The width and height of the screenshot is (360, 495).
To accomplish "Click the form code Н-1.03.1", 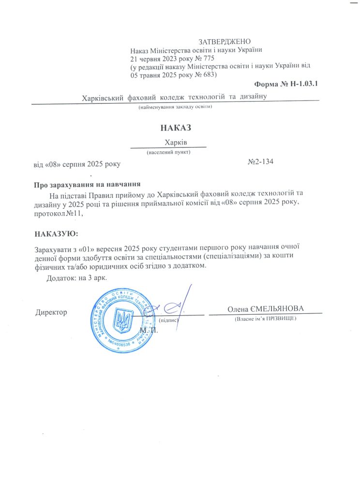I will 304,85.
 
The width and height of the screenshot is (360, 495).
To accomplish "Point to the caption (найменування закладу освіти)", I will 175,107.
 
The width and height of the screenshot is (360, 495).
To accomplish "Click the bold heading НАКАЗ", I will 176,128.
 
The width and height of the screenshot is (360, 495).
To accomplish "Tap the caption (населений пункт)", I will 168,152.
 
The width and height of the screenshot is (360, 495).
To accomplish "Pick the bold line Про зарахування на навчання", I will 87,184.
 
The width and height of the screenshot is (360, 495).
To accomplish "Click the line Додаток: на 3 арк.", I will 76,278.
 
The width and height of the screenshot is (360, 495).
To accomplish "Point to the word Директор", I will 51,312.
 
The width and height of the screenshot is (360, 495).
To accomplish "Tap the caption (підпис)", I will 169,320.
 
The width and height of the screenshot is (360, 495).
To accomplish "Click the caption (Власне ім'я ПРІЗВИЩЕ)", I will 265,319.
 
